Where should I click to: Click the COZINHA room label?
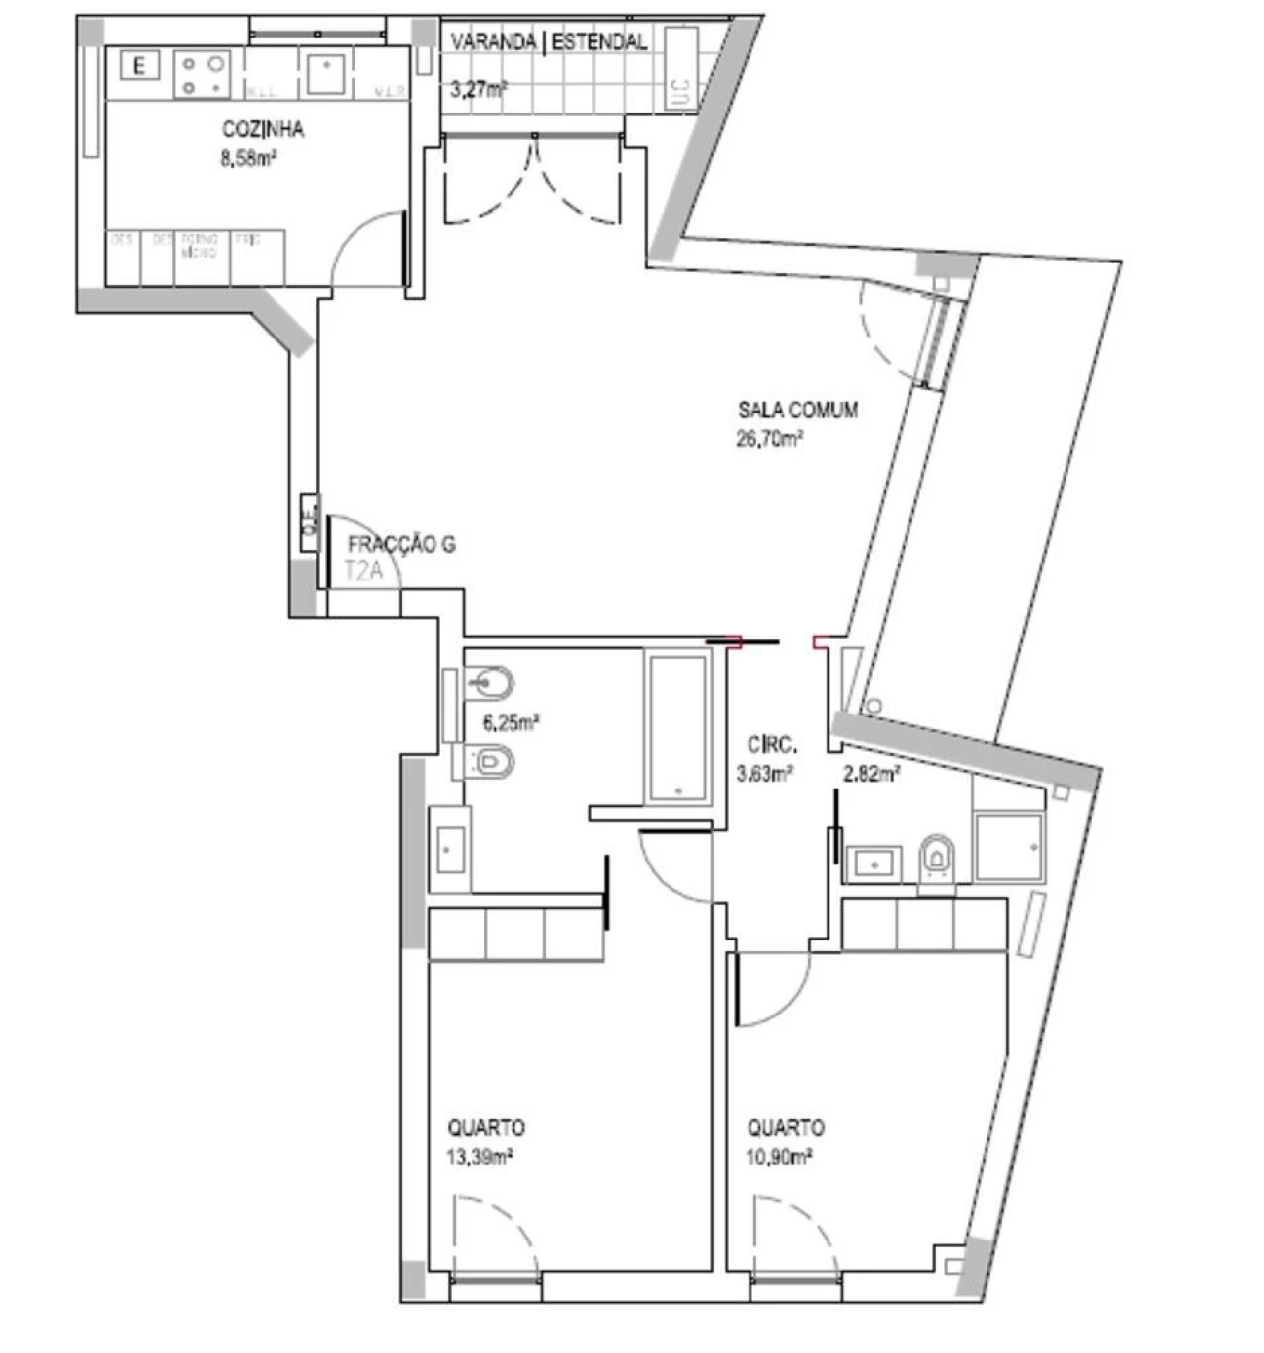[263, 129]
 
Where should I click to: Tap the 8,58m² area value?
[248, 157]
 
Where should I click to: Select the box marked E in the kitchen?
[139, 66]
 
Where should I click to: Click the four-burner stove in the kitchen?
[201, 75]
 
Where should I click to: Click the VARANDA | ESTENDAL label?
[548, 41]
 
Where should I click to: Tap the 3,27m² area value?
[478, 89]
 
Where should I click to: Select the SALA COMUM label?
[798, 410]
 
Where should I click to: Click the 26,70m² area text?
[768, 439]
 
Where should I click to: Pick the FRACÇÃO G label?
[401, 544]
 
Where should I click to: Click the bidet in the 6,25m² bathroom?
[489, 682]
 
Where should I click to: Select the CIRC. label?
[772, 745]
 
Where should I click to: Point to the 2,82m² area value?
[870, 774]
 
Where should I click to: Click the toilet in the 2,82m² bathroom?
[936, 858]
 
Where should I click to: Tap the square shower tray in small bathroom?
[1007, 847]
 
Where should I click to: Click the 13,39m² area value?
[479, 1156]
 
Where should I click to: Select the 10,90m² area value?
[778, 1156]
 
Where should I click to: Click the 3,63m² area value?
[764, 774]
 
